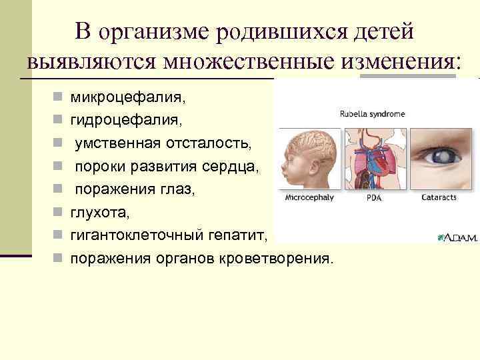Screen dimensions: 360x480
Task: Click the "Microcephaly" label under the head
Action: point(309,198)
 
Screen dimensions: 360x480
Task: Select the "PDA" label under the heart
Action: point(375,198)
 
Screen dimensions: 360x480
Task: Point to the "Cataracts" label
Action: point(439,198)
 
